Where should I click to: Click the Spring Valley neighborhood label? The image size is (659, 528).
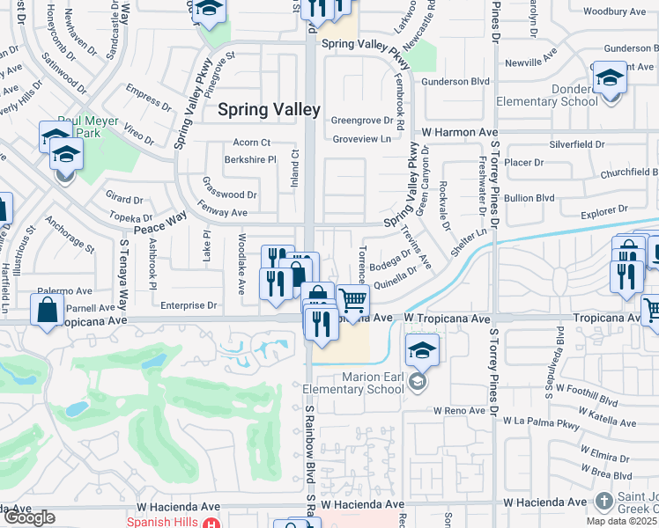coord(269,109)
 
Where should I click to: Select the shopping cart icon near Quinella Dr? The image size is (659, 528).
coord(353,301)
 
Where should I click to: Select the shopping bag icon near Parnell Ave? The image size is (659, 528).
coord(47,309)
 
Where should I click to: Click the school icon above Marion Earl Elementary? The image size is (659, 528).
coord(423,349)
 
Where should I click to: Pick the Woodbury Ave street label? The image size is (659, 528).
coord(615,11)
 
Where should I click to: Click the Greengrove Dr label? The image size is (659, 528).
coord(360,121)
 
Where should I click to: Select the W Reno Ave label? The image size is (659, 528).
coord(459,411)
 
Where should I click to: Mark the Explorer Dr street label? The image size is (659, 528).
coord(604,209)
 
